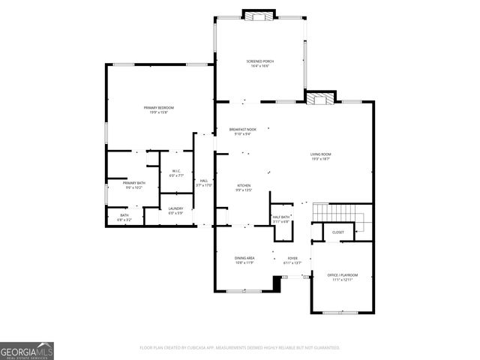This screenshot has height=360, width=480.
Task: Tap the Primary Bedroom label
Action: (x=158, y=109)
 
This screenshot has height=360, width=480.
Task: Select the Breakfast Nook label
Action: (x=243, y=132)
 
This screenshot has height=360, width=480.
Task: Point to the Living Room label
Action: (x=321, y=156)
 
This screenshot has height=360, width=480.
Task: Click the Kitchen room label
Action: (x=244, y=187)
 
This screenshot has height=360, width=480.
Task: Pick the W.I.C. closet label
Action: (x=175, y=173)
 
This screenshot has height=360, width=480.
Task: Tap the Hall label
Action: (x=203, y=182)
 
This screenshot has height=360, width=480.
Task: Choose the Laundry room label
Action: (x=175, y=211)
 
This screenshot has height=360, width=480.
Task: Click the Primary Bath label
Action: (x=134, y=184)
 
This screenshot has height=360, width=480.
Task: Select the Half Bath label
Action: (x=280, y=219)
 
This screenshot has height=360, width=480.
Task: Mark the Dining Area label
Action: (x=245, y=260)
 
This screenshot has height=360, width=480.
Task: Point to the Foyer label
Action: (x=292, y=260)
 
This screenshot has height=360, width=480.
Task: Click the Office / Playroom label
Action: (x=343, y=277)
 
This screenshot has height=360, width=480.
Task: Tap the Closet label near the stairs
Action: (x=338, y=232)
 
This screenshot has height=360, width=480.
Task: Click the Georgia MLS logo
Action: (x=26, y=350)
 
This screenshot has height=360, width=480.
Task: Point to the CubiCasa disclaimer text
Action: (x=240, y=348)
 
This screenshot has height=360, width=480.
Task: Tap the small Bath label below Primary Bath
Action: (x=124, y=217)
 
